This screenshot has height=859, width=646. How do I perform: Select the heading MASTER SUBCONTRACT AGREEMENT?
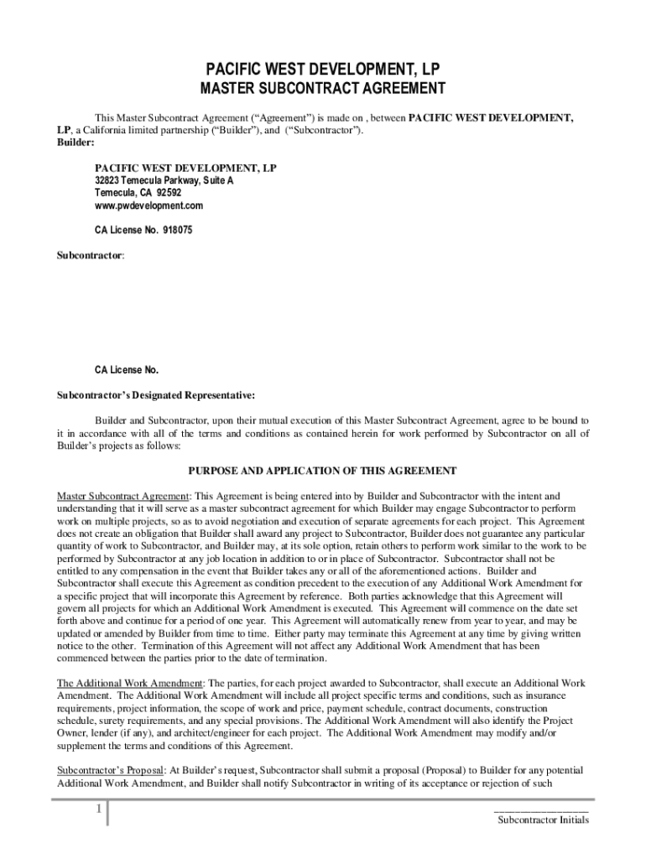tap(323, 88)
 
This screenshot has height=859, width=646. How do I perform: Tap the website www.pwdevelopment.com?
tap(148, 206)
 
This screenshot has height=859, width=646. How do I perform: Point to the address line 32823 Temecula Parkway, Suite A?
tap(164, 181)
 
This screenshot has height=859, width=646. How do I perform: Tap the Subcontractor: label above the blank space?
tap(91, 252)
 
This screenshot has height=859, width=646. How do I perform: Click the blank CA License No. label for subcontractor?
tap(126, 370)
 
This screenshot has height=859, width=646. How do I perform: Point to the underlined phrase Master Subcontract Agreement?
tap(123, 496)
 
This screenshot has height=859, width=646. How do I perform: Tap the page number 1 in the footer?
tap(98, 810)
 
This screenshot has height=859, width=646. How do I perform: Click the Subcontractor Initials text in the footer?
tap(542, 820)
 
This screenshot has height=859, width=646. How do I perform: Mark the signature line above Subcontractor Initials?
tap(541, 811)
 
